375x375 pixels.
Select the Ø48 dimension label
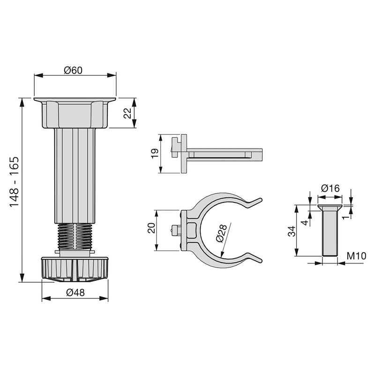pyautogui.click(x=75, y=292)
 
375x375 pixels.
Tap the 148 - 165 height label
pyautogui.click(x=15, y=182)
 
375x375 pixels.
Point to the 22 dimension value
pyautogui.click(x=127, y=113)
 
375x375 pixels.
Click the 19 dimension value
pyautogui.click(x=154, y=154)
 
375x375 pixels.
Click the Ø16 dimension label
pyautogui.click(x=330, y=188)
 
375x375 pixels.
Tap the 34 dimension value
pyautogui.click(x=291, y=231)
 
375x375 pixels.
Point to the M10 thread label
pyautogui.click(x=356, y=256)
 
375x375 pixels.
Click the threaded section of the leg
pyautogui.click(x=75, y=236)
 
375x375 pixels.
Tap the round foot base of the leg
pyautogui.click(x=75, y=269)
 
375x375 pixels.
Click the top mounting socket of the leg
pyautogui.click(x=75, y=113)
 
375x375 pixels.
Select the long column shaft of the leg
pyautogui.click(x=75, y=176)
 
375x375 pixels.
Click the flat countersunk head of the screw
pyautogui.click(x=330, y=207)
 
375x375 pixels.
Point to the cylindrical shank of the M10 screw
pyautogui.click(x=330, y=234)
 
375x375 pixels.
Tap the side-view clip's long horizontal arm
pyautogui.click(x=225, y=154)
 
